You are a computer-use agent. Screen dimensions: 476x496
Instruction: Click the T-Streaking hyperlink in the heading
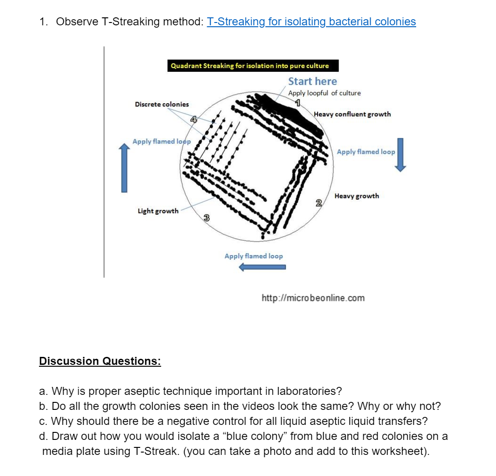[311, 22]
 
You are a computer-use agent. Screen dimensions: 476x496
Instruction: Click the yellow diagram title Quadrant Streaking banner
[249, 66]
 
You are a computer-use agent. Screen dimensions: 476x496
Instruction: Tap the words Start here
[312, 81]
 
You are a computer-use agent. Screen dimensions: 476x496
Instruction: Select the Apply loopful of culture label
[325, 93]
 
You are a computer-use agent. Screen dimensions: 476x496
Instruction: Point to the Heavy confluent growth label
[352, 114]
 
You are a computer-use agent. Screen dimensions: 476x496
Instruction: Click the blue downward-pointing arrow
[400, 155]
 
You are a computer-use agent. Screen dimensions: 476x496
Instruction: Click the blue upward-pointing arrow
[124, 168]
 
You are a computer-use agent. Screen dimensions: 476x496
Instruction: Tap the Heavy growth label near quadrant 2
[356, 196]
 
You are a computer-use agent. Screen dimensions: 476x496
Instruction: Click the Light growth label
[158, 211]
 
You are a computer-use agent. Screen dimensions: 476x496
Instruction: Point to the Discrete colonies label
[162, 104]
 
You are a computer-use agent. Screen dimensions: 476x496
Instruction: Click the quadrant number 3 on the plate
[206, 218]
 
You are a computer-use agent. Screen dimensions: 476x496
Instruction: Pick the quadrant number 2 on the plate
[319, 203]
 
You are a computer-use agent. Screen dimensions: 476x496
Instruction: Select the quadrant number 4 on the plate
[193, 120]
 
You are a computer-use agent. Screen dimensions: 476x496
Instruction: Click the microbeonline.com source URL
[313, 298]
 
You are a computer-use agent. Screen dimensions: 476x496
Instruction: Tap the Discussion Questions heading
[100, 361]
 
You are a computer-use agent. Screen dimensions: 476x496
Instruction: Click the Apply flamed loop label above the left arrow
[254, 256]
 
